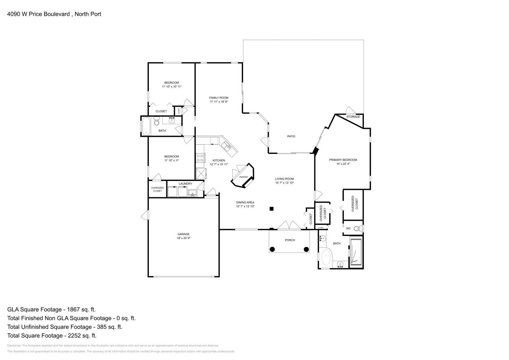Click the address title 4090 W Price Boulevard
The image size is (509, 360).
tap(54, 14)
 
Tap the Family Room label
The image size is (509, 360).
tap(219, 98)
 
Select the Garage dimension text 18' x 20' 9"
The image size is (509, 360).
tap(184, 238)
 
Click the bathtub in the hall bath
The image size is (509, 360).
tap(146, 126)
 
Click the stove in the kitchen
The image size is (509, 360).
tap(200, 158)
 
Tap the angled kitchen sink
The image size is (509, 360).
tap(227, 146)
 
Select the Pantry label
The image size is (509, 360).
tap(244, 177)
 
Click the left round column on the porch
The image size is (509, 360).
tap(272, 249)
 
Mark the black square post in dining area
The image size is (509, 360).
tap(271, 209)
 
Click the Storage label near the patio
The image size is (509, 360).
tap(353, 117)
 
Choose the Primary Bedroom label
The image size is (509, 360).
tap(343, 160)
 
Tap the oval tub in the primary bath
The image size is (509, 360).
tap(326, 258)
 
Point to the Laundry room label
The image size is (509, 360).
tap(185, 183)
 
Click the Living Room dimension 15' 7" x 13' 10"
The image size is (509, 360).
tap(284, 183)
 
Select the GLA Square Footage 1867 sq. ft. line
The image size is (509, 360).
tap(51, 309)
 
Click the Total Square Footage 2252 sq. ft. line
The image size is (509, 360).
tap(52, 335)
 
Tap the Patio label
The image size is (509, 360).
tap(291, 136)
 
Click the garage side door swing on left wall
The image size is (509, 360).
tap(145, 215)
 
